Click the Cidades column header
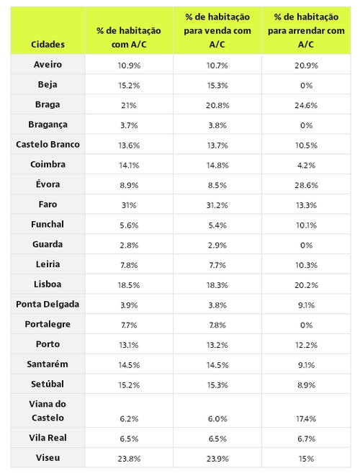tap(48, 45)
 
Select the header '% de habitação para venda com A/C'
tap(217, 31)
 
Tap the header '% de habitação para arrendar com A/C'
tap(306, 31)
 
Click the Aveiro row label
tap(48, 64)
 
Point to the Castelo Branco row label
tap(48, 144)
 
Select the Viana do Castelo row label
tap(48, 410)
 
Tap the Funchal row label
tap(48, 224)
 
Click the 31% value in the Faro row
tap(129, 205)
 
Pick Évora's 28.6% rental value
tap(306, 185)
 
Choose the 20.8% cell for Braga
tap(217, 105)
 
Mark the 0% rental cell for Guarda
tap(306, 245)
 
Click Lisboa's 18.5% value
tap(129, 285)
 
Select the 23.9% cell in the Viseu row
tap(217, 459)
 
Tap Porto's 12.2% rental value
tap(306, 345)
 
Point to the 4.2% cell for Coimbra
tap(306, 165)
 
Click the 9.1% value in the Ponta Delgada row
tap(306, 305)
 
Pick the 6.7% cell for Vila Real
tap(306, 439)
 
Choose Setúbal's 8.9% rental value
tap(306, 385)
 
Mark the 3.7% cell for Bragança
tap(129, 125)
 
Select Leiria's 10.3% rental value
tap(306, 265)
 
